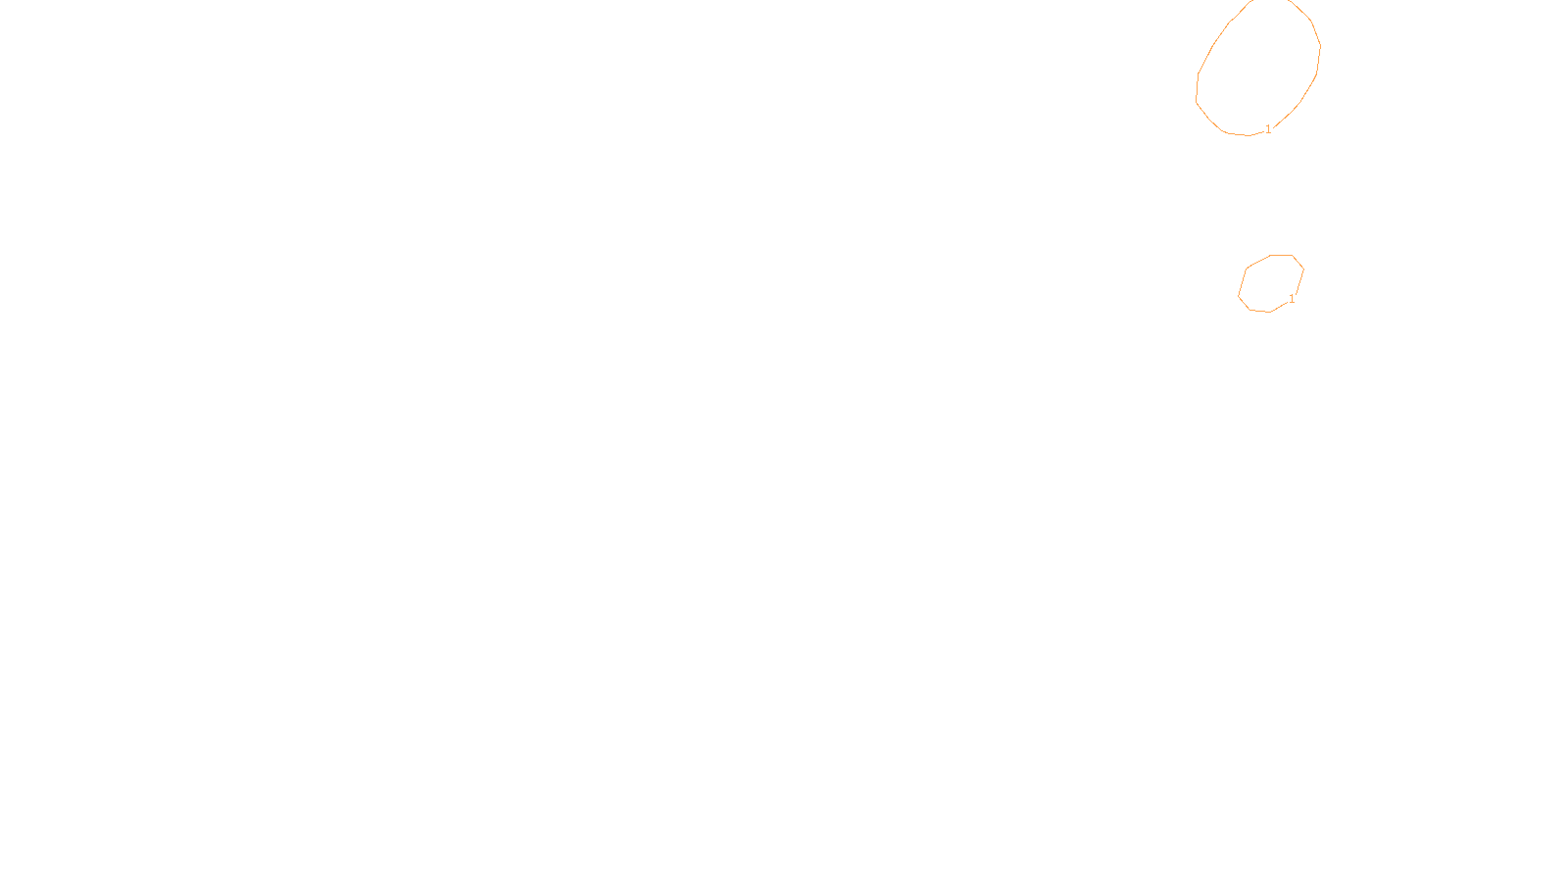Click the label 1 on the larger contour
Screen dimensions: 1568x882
(1268, 129)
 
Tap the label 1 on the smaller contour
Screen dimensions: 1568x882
(1292, 299)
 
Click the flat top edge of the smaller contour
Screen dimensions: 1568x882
(1282, 255)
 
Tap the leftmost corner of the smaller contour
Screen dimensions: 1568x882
(1239, 295)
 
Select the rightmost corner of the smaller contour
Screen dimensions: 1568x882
(1303, 269)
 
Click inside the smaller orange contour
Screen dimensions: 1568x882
(1269, 284)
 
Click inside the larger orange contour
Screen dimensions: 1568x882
(1259, 69)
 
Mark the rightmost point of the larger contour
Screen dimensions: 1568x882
(1321, 45)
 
